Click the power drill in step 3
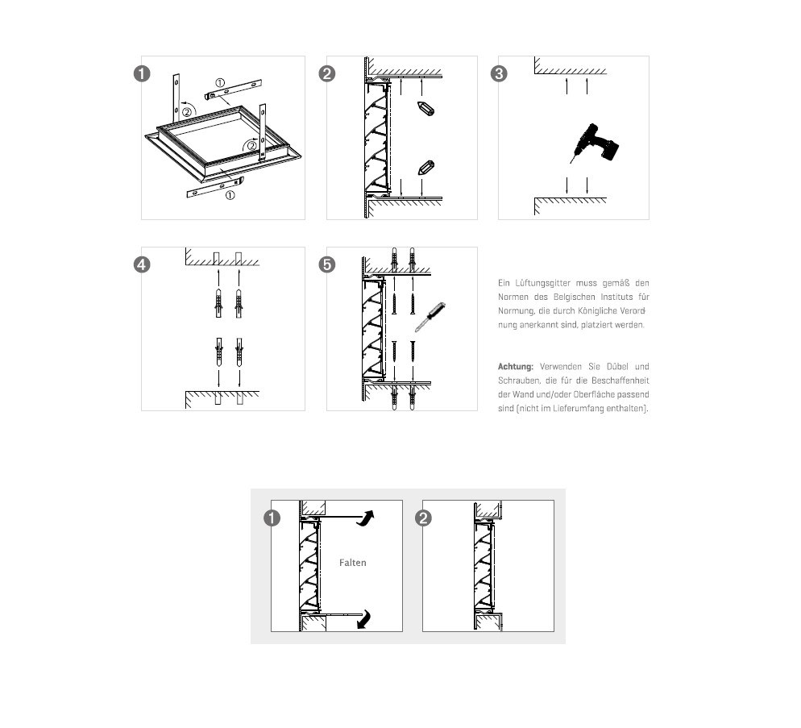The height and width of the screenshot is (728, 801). coord(596,144)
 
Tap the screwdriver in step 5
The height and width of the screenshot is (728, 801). coord(430,316)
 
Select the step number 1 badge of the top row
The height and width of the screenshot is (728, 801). coord(142,74)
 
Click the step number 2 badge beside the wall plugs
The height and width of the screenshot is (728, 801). coord(327,74)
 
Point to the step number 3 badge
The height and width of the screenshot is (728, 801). coord(499,74)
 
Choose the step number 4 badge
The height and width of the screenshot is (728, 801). coord(142,264)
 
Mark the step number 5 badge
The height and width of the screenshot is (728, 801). coord(327,264)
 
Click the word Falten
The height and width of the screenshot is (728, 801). coord(353,563)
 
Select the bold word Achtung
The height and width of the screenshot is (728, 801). coord(516,367)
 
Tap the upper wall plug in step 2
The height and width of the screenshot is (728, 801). coord(425,108)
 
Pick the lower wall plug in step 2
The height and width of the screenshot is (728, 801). coord(426,168)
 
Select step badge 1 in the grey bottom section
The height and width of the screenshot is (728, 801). coord(273,518)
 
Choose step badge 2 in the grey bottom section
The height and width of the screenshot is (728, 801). coord(423,518)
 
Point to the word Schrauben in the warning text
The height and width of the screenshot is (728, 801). coord(519,381)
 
